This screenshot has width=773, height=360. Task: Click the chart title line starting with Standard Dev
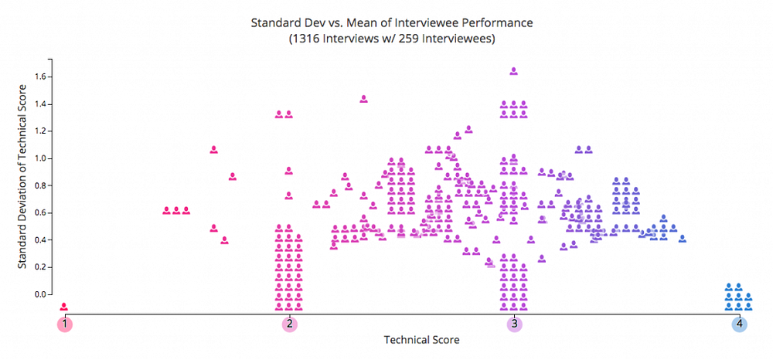[391, 22]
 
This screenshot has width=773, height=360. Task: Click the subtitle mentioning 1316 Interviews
[391, 38]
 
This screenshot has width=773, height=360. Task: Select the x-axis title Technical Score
[421, 340]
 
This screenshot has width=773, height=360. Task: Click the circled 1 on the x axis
[65, 324]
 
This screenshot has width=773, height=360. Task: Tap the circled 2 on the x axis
[289, 324]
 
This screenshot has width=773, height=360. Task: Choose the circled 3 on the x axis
[514, 324]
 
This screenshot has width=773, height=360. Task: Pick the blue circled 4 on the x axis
[740, 324]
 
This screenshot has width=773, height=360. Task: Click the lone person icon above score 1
[65, 307]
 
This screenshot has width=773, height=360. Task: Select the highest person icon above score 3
[514, 71]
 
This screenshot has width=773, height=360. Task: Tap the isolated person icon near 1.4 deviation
[363, 99]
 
